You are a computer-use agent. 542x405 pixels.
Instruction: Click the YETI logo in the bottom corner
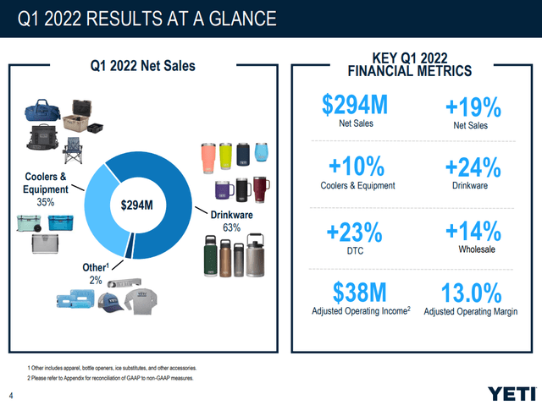(512, 392)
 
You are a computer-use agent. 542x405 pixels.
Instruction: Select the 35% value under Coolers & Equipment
(44, 203)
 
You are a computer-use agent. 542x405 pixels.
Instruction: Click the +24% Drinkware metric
(473, 169)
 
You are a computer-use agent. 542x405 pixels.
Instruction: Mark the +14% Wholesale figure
(473, 233)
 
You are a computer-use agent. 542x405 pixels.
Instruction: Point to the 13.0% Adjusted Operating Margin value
(473, 295)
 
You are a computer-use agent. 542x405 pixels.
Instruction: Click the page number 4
(11, 393)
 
